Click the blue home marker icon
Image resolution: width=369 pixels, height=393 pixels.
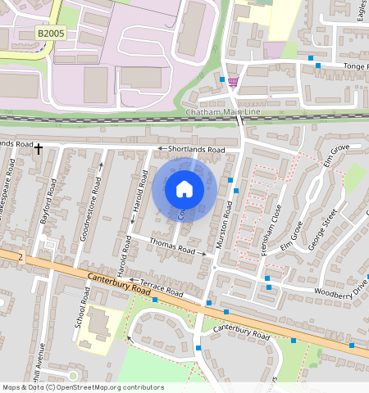[184, 190]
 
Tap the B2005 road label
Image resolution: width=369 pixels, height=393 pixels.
[51, 34]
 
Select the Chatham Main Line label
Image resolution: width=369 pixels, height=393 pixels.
[216, 111]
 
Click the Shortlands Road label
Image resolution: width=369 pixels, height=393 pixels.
[196, 150]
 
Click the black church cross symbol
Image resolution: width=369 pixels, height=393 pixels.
[38, 148]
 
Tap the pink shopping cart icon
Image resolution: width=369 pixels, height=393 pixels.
[234, 81]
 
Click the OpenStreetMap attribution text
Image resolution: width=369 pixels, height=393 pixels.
[82, 387]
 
